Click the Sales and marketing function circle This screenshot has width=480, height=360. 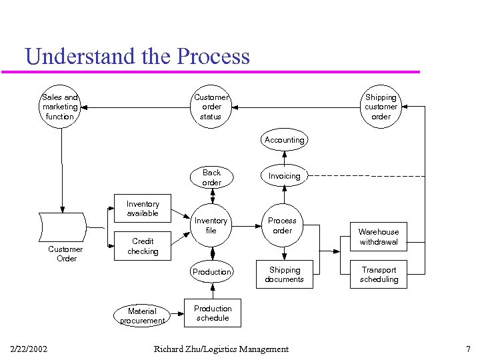60,107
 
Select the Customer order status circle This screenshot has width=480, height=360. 211,107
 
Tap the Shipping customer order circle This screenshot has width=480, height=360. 381,107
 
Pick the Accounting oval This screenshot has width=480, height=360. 284,140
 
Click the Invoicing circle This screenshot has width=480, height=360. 284,176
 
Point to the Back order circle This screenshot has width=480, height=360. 212,177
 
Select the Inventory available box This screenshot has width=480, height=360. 143,209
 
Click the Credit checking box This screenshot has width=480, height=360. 143,246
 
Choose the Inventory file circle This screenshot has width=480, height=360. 211,225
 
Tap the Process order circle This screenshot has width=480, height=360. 283,225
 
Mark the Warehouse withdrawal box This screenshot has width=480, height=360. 379,237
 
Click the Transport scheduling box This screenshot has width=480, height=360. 379,275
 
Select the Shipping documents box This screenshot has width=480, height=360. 285,275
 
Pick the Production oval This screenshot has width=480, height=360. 212,271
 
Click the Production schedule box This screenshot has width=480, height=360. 213,313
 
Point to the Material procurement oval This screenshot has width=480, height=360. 142,315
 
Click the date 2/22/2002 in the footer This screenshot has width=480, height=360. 29,349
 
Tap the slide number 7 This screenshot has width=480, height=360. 468,349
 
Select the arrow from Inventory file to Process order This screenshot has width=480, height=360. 247,226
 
